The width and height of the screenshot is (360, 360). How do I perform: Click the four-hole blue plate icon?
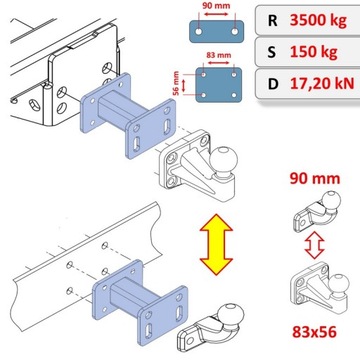click(218, 85)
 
